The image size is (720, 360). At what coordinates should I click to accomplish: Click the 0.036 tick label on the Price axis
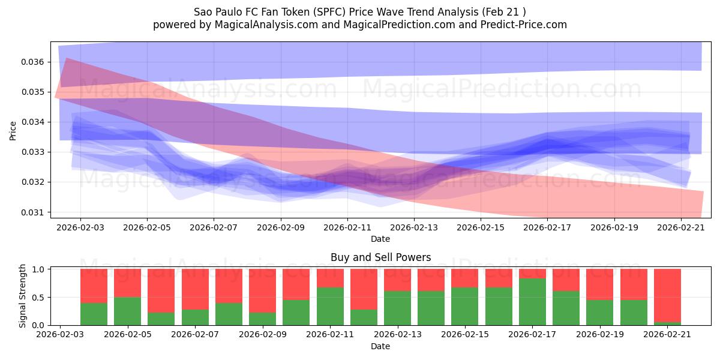tap(32, 62)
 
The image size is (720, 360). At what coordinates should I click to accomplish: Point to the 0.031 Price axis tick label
tap(32, 212)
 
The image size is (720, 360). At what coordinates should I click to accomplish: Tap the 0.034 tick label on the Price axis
tap(32, 122)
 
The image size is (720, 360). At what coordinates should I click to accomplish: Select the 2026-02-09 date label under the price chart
tap(281, 227)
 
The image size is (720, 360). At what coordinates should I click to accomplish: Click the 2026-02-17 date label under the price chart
tap(547, 227)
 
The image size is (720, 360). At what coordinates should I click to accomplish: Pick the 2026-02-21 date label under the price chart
tap(681, 227)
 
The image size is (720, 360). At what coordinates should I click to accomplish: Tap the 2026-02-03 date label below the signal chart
tap(60, 334)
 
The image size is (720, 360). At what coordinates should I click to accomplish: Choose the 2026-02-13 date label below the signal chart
tap(398, 334)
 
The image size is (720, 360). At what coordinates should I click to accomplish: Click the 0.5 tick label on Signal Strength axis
tap(38, 298)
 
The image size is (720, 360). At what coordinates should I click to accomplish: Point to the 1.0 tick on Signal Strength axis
tap(38, 269)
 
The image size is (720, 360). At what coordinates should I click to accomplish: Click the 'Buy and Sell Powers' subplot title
tap(380, 257)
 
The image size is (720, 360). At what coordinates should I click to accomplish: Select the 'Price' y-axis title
tap(13, 131)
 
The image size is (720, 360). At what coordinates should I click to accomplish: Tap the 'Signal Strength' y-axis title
tap(22, 296)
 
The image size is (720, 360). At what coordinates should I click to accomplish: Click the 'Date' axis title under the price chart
tap(380, 239)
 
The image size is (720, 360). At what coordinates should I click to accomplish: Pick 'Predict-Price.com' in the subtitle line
tap(524, 25)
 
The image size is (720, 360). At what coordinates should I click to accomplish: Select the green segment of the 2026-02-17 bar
tap(532, 302)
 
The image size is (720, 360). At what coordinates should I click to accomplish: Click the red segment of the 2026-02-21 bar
tap(667, 295)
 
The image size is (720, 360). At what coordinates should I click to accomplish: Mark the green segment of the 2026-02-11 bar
tap(330, 307)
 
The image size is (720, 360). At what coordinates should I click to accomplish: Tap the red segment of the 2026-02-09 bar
tap(262, 290)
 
